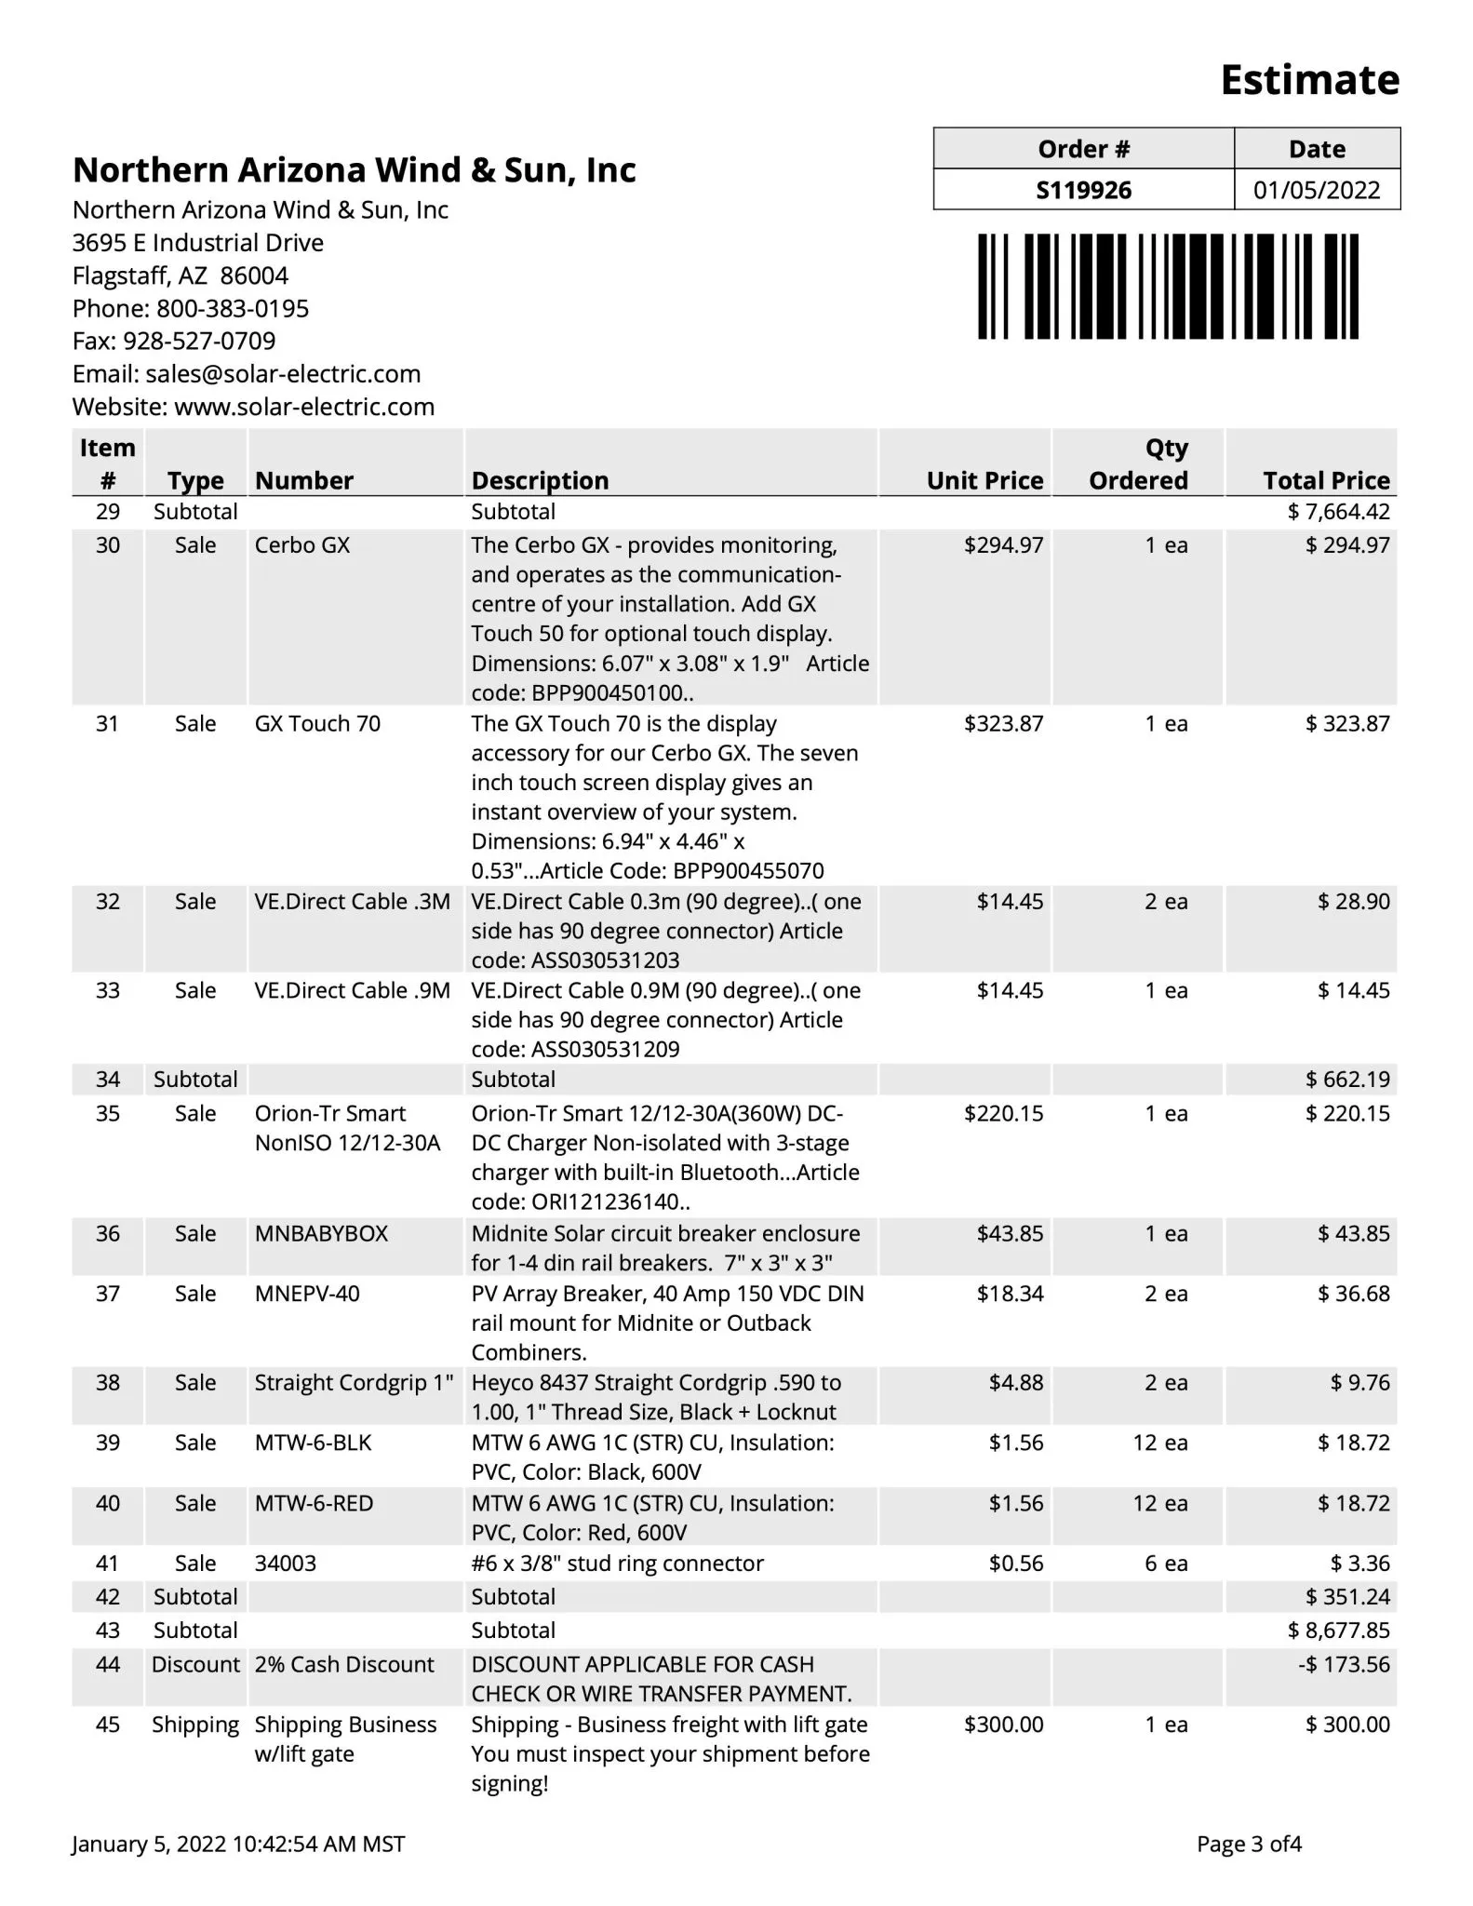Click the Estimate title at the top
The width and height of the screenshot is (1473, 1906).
(x=1308, y=80)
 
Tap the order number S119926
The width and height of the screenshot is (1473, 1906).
(x=1083, y=190)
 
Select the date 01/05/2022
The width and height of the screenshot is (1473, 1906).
(x=1316, y=190)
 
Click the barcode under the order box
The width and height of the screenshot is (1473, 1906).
(x=1168, y=287)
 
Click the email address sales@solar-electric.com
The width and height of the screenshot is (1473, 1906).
(x=283, y=374)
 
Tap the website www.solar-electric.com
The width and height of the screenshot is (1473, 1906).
(x=304, y=407)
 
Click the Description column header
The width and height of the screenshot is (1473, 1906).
(x=540, y=480)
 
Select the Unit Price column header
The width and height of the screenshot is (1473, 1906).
(x=984, y=480)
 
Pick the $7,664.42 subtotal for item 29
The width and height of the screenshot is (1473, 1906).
(x=1338, y=512)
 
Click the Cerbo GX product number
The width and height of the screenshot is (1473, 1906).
(x=302, y=545)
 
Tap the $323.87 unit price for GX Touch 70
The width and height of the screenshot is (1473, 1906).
(x=1003, y=724)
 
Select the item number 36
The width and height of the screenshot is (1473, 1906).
(x=108, y=1234)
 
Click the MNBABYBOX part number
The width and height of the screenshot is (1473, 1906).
(x=321, y=1234)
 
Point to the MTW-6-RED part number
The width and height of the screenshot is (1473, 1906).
(x=314, y=1503)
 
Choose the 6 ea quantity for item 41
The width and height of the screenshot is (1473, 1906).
(x=1165, y=1564)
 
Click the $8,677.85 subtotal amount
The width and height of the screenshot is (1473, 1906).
(x=1338, y=1631)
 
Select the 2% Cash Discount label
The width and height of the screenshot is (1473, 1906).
(x=344, y=1664)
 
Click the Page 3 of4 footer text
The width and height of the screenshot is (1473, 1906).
(x=1249, y=1844)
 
